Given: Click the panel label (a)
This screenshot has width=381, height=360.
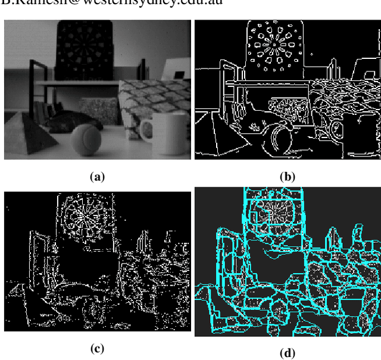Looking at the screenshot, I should coord(97,176).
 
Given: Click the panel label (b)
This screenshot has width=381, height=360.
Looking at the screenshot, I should coord(288,176).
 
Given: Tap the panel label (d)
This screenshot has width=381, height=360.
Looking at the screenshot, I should coord(288,353).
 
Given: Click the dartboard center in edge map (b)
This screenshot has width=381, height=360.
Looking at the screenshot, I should coord(272,43).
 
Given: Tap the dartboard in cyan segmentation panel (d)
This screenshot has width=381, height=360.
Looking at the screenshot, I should coord(272,211).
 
